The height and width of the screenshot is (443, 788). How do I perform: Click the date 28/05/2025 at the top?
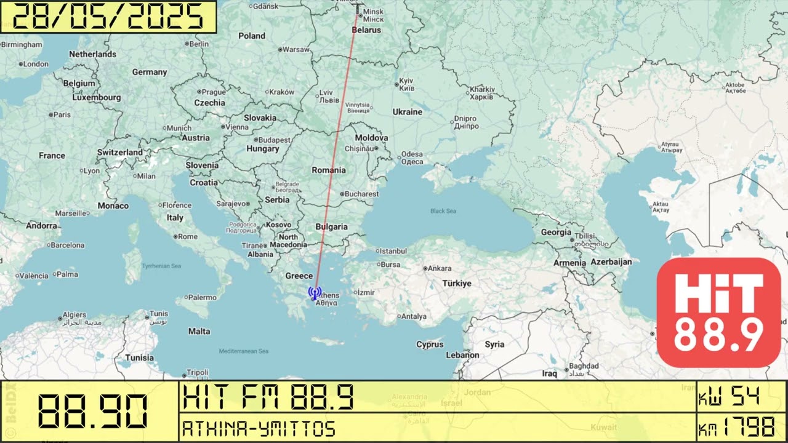tap(108, 17)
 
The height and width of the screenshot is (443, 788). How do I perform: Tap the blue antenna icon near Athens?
tap(314, 293)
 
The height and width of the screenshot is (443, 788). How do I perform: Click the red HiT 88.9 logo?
tap(718, 313)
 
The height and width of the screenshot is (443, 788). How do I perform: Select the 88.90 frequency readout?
tap(92, 411)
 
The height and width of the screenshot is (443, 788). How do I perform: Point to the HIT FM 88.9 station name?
tap(268, 397)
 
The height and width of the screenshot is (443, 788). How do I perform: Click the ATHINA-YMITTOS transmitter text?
tap(259, 428)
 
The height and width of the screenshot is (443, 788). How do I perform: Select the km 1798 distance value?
tap(736, 426)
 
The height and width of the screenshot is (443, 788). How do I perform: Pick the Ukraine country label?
tap(408, 112)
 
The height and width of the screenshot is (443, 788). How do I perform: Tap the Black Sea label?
tap(443, 211)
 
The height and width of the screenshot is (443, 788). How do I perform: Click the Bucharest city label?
tap(361, 194)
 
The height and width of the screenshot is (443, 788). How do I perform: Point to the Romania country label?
tap(329, 170)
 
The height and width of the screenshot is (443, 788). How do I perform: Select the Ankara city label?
tap(440, 268)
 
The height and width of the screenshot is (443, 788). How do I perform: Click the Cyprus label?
tap(430, 345)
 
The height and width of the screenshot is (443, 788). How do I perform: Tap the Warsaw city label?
tap(296, 49)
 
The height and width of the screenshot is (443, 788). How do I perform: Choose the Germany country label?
tap(150, 72)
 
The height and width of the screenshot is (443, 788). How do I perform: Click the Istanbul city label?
tap(393, 251)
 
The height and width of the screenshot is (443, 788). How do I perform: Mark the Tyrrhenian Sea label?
tap(161, 266)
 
